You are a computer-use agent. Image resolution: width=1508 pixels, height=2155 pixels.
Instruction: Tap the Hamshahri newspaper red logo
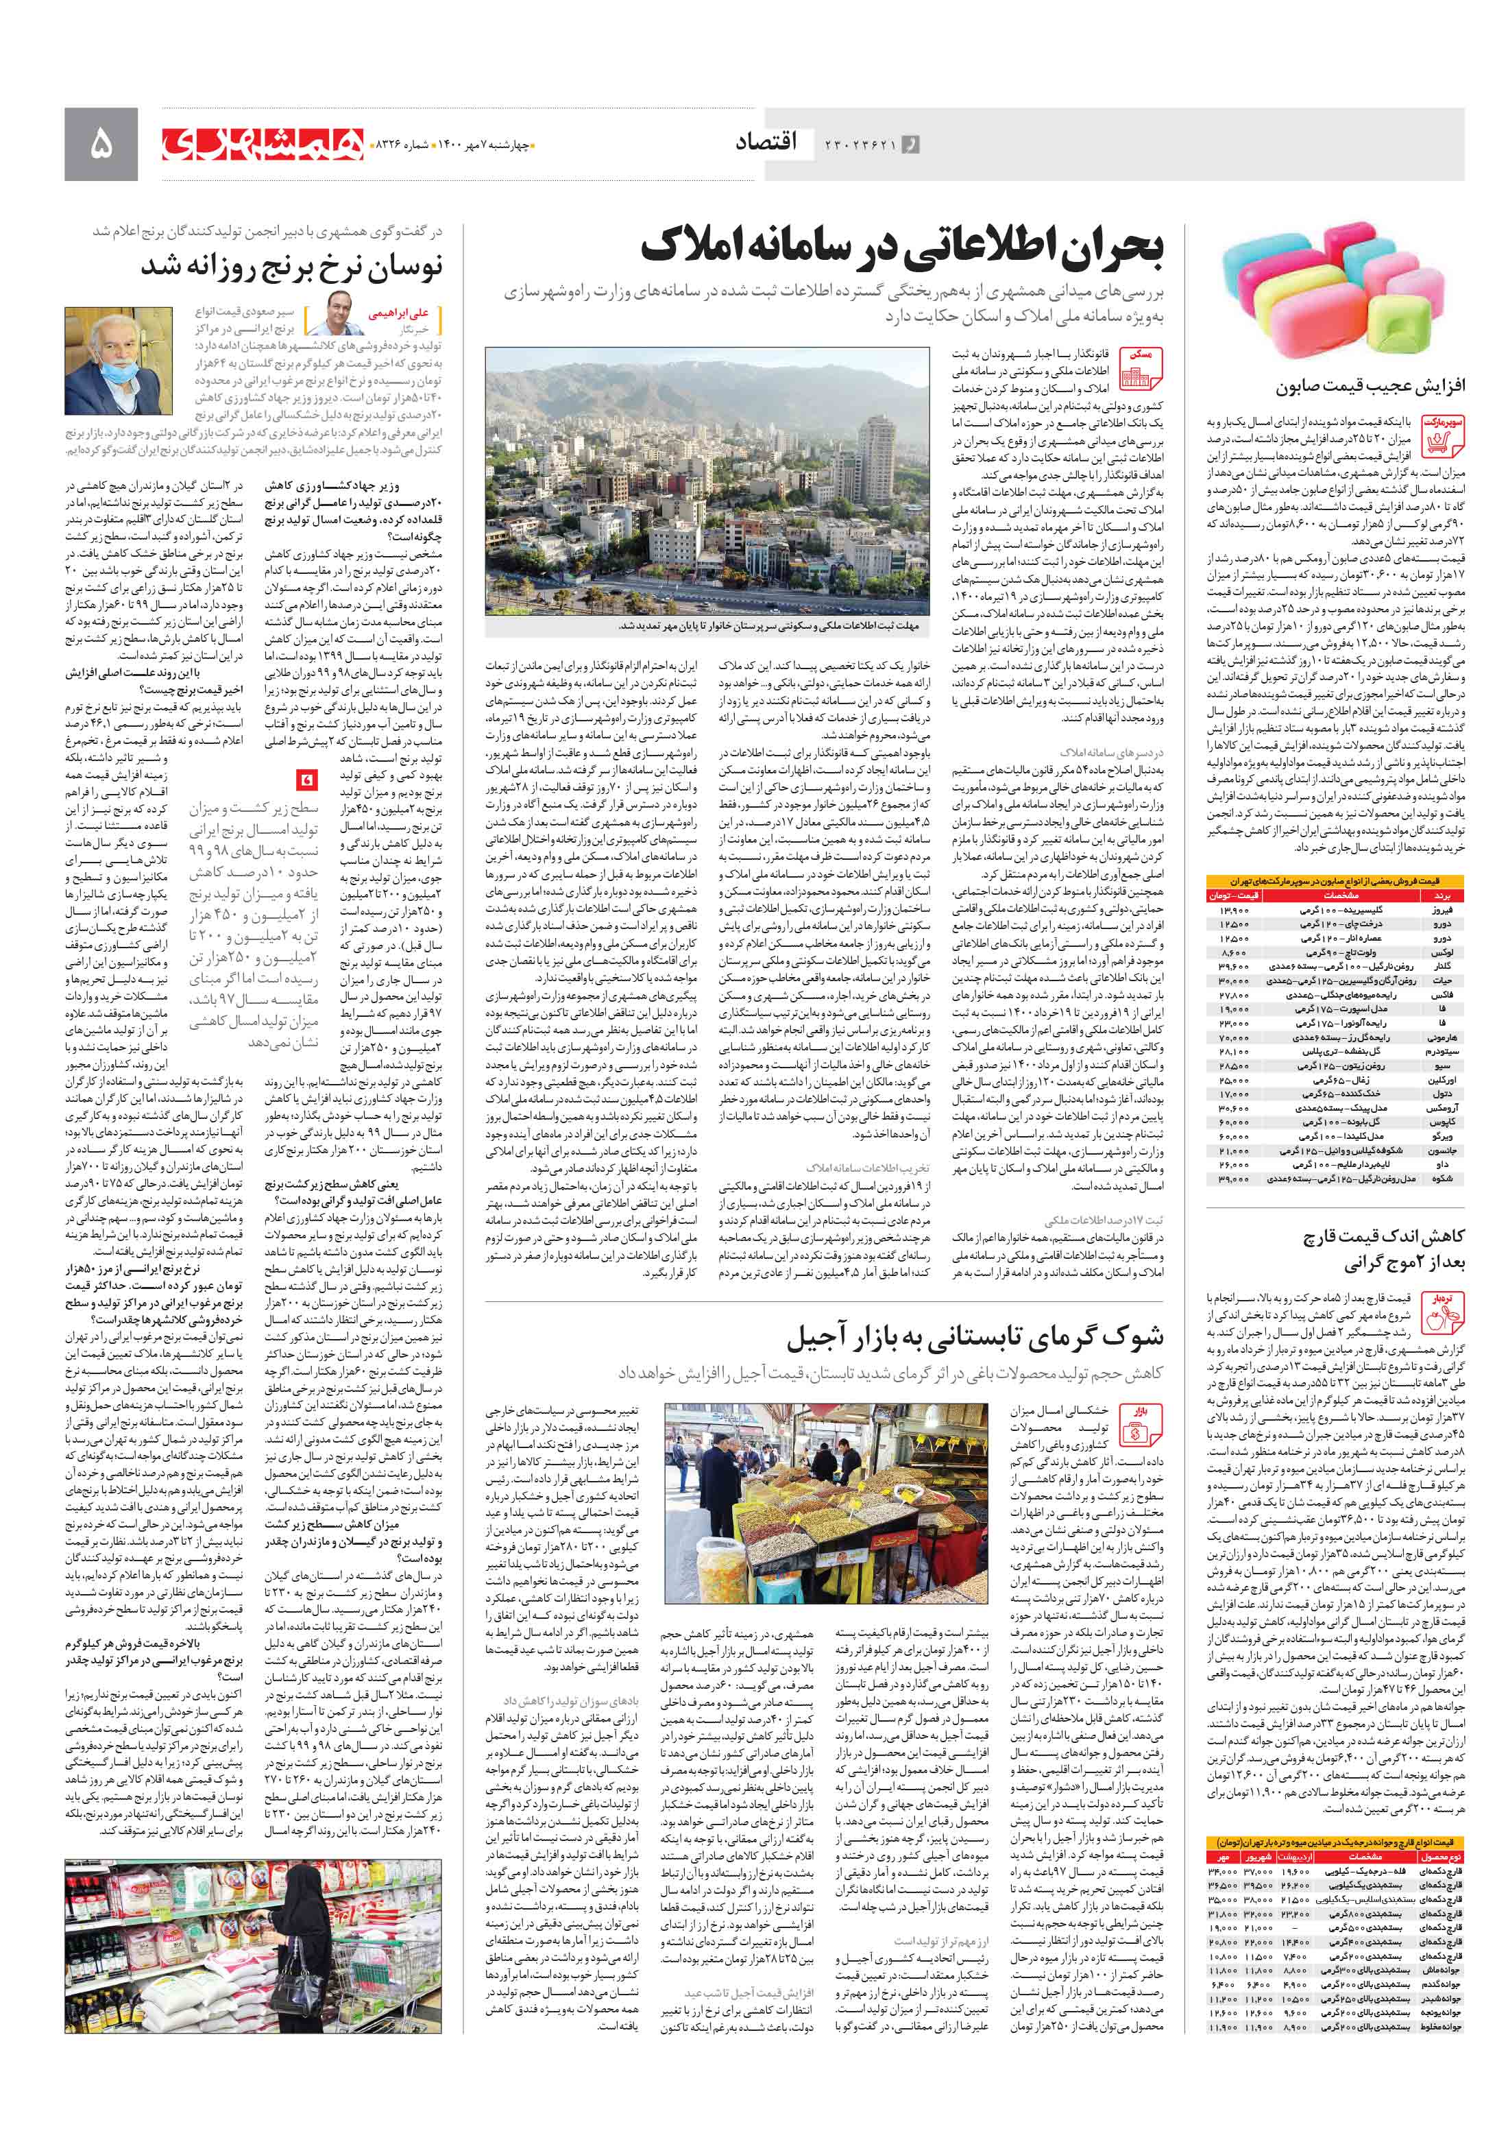pos(262,143)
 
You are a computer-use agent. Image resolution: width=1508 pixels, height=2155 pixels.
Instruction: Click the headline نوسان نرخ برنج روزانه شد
pos(291,267)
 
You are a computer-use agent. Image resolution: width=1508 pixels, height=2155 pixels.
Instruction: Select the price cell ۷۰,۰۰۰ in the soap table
pos(1233,1038)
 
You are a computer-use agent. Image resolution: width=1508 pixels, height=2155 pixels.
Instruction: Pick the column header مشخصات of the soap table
pos(1341,895)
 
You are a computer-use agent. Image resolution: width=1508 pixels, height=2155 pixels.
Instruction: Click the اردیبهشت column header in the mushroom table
pos(1295,1857)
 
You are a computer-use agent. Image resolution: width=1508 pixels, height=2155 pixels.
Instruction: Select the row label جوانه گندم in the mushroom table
pos(1440,1984)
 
